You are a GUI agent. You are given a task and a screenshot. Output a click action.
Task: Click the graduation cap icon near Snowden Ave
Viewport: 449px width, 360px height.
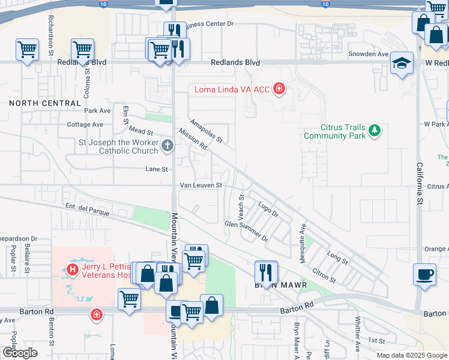[x=402, y=62]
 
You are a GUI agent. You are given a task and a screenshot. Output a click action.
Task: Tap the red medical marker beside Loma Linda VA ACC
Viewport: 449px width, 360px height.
[x=279, y=90]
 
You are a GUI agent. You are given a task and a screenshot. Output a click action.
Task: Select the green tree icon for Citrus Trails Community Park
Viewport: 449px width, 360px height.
[x=375, y=130]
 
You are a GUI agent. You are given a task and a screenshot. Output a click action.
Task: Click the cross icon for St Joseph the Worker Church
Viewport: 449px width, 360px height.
[x=167, y=145]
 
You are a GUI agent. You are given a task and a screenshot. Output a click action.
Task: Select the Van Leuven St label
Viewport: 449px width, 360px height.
[x=202, y=185]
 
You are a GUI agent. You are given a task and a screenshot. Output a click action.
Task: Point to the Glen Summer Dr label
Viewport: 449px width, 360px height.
[x=246, y=230]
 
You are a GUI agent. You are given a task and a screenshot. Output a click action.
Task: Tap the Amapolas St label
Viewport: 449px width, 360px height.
[x=206, y=131]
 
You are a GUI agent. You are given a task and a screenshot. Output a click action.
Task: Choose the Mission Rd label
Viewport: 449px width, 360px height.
[x=193, y=139]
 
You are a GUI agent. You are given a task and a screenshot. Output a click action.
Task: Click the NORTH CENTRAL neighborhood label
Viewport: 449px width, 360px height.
[x=45, y=103]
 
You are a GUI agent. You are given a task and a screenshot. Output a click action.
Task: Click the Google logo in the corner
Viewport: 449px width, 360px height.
[x=20, y=353]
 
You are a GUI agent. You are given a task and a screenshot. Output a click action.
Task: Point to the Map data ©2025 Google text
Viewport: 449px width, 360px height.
[x=411, y=355]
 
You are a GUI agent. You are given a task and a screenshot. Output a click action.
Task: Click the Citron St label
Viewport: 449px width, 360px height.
[x=324, y=277]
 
